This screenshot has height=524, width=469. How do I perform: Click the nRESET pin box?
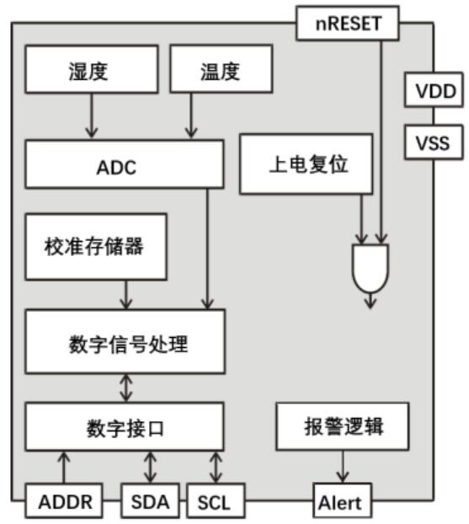[x=348, y=24]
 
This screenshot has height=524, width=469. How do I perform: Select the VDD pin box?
[x=434, y=90]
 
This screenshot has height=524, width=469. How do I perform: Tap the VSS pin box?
[x=434, y=142]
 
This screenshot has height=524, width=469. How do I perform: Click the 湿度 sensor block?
[x=92, y=69]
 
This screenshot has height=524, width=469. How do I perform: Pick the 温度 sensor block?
[x=221, y=69]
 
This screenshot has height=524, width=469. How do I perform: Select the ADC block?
[x=125, y=164]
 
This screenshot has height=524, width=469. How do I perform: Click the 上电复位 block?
[x=306, y=164]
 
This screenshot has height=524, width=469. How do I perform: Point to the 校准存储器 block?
[x=96, y=247]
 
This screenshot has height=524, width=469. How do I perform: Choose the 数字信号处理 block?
[x=125, y=341]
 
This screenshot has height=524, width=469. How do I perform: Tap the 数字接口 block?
[x=125, y=427]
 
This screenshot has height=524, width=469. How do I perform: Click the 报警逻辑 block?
[x=343, y=426]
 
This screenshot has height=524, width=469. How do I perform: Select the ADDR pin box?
[x=64, y=501]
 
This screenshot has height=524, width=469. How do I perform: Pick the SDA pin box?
[x=150, y=501]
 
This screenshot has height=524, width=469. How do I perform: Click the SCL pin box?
[x=216, y=501]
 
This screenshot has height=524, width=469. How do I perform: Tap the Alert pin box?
[x=343, y=501]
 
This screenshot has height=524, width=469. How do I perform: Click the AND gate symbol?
[x=370, y=268]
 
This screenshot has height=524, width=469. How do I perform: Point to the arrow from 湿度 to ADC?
[x=92, y=116]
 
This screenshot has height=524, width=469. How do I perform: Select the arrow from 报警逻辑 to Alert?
[x=343, y=467]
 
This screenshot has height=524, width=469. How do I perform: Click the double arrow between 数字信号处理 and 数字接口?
[x=126, y=388]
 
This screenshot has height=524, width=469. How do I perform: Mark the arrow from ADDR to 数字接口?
[x=64, y=468]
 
